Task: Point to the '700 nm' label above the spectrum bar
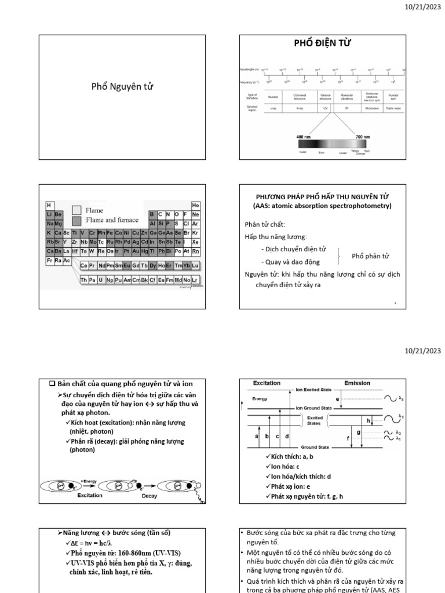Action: point(363,137)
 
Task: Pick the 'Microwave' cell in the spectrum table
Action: point(371,108)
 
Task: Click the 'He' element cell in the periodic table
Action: point(195,206)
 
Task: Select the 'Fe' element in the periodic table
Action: point(110,233)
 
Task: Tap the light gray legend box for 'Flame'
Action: point(76,210)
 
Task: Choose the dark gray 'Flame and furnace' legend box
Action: point(76,220)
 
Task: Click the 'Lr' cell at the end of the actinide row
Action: point(195,280)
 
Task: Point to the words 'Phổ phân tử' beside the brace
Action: point(370,256)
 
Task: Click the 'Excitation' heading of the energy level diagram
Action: point(267,383)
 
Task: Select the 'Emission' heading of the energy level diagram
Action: point(357,383)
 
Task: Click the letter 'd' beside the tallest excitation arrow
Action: point(287,435)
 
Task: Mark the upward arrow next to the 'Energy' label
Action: point(242,404)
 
